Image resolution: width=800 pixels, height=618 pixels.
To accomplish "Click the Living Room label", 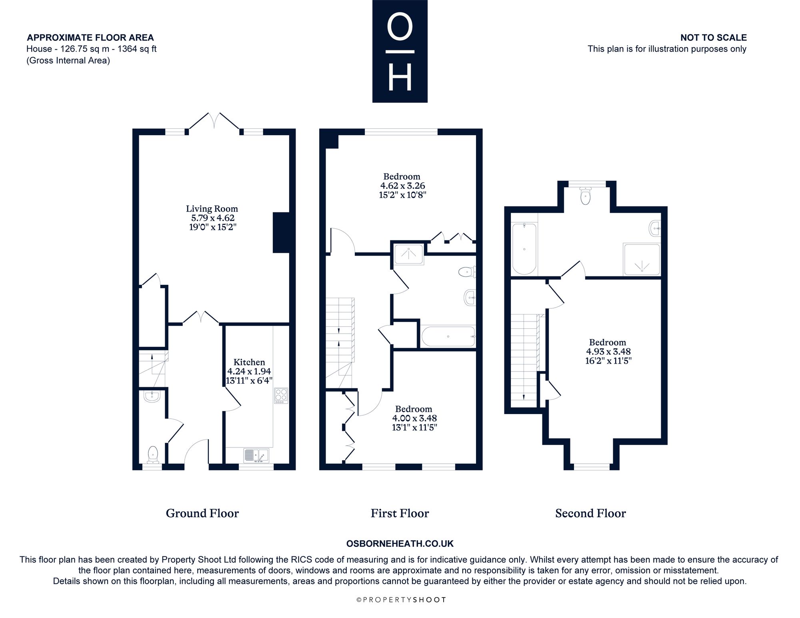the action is tap(212, 209).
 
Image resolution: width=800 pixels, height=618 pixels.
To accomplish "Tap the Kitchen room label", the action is tap(249, 362).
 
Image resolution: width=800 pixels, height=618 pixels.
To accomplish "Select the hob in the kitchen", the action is tap(281, 396).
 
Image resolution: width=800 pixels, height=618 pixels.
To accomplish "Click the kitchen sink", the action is tap(256, 456).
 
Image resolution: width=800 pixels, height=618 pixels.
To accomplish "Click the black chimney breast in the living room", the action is tap(281, 233).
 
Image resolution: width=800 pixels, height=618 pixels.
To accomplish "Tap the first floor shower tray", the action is tap(408, 254).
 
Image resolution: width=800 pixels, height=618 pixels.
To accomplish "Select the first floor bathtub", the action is tap(448, 337).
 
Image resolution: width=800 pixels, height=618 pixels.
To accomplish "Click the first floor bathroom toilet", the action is tap(467, 272).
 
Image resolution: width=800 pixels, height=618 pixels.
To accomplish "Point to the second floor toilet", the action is tap(586, 196).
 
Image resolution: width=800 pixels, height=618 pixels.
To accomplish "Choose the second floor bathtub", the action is tap(524, 249).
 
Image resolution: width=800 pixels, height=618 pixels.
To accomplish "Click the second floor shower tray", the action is tap(641, 259).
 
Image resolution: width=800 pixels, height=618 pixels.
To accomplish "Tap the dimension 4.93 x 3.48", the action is tap(608, 352).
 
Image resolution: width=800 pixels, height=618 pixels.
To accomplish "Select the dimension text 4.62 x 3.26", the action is tap(402, 186).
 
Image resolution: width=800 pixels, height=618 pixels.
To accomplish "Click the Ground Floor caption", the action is tap(202, 513).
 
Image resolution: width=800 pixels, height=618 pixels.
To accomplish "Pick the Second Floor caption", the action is tap(590, 513).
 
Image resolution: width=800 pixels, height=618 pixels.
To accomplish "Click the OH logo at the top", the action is tap(400, 51).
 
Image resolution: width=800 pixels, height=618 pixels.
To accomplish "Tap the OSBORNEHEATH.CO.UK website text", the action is tap(400, 544).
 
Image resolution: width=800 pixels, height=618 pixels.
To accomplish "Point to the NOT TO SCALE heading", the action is tap(714, 38).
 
